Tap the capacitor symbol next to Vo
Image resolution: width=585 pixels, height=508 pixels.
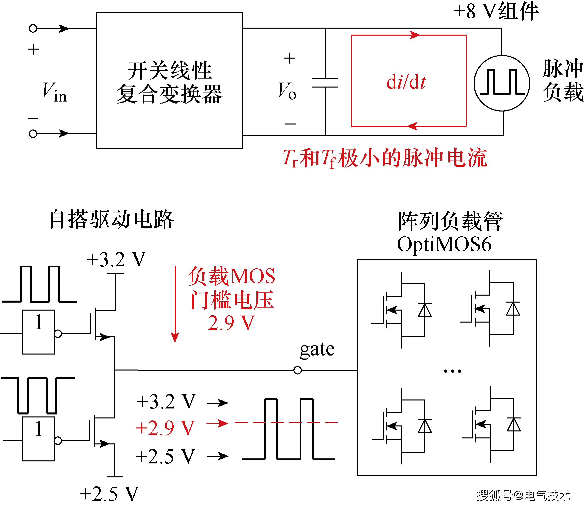tap(325, 83)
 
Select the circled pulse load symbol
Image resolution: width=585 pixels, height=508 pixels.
tap(502, 83)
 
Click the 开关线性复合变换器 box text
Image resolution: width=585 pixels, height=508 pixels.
tap(169, 82)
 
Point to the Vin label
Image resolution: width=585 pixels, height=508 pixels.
tap(54, 92)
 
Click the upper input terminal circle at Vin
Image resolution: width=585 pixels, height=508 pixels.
tap(33, 29)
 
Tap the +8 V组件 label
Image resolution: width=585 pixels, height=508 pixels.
tap(496, 11)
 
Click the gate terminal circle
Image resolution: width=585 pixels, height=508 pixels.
tap(297, 370)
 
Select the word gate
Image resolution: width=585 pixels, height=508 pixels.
tap(317, 350)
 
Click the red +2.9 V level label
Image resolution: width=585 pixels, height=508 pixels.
tap(165, 428)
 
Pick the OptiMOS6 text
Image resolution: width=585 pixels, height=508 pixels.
tap(444, 244)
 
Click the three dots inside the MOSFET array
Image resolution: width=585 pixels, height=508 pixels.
tap(452, 371)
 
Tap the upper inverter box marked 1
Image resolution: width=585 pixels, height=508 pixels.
tap(38, 332)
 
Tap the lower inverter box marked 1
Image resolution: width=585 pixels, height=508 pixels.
tap(38, 439)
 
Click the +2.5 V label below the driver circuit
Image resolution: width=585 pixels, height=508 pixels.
tap(109, 494)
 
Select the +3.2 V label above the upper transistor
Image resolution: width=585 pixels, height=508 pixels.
tap(116, 259)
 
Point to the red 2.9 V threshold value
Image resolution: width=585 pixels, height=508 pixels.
tap(231, 323)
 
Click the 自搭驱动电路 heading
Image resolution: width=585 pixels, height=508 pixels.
tap(111, 220)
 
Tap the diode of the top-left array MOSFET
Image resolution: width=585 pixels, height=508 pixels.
tap(425, 310)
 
